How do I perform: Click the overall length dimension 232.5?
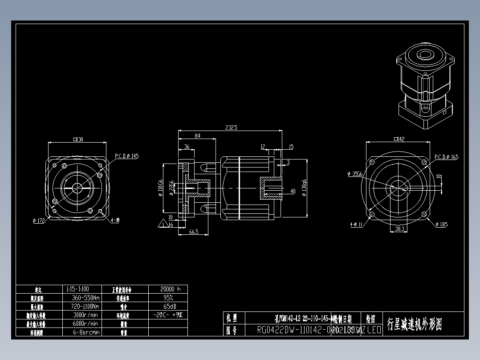231,127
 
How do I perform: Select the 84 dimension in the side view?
197,135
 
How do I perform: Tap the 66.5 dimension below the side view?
193,232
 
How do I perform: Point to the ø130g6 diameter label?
304,189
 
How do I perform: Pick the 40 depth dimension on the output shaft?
293,192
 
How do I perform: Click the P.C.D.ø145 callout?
127,156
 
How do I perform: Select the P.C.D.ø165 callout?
446,157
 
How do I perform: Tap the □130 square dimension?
78,140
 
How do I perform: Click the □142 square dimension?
399,139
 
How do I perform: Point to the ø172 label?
39,221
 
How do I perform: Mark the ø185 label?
441,225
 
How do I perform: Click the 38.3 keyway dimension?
399,229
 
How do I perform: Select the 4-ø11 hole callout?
357,225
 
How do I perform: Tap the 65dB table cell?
168,306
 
